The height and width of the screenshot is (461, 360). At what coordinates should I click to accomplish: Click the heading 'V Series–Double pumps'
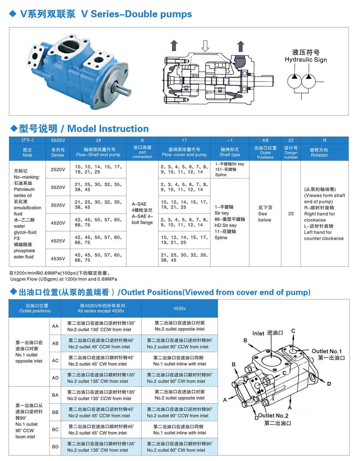pyautogui.click(x=136, y=14)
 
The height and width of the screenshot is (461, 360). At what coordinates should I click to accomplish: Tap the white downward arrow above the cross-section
pyautogui.click(x=205, y=46)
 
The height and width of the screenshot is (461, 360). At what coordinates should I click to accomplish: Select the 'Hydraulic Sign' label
pyautogui.click(x=305, y=60)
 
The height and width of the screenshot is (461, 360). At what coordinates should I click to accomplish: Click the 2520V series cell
pyautogui.click(x=58, y=169)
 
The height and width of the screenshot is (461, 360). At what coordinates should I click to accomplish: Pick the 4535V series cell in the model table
pyautogui.click(x=58, y=259)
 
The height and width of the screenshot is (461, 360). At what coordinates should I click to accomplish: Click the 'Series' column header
pyautogui.click(x=58, y=152)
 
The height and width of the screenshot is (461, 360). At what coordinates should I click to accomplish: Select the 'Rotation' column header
pyautogui.click(x=319, y=152)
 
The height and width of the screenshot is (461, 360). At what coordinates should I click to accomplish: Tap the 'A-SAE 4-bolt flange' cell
pyautogui.click(x=142, y=213)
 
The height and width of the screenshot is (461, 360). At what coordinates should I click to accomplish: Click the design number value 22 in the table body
pyautogui.click(x=291, y=214)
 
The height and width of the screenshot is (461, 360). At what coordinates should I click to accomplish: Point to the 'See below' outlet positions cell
pyautogui.click(x=265, y=214)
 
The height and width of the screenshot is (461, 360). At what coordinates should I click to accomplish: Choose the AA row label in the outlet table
pyautogui.click(x=55, y=326)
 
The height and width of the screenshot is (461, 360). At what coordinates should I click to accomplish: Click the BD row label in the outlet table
pyautogui.click(x=55, y=446)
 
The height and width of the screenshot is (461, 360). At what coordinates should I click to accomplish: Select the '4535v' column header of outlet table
pyautogui.click(x=179, y=308)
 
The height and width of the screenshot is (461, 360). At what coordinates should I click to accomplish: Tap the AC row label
pyautogui.click(x=55, y=360)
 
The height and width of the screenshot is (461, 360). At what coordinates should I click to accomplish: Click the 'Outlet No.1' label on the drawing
pyautogui.click(x=326, y=351)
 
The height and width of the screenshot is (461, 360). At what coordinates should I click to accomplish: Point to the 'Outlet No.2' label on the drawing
pyautogui.click(x=273, y=416)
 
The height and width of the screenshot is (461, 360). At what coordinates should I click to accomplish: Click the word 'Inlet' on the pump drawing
pyautogui.click(x=258, y=333)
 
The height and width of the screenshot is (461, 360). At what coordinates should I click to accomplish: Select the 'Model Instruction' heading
pyautogui.click(x=108, y=129)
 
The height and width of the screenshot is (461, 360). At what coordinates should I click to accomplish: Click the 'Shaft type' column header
pyautogui.click(x=230, y=152)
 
